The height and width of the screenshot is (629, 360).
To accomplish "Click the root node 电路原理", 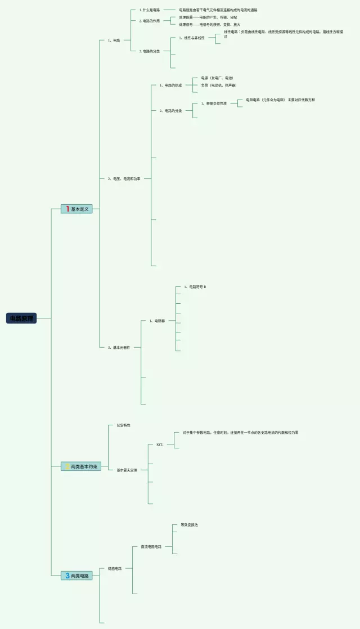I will pos(21,318).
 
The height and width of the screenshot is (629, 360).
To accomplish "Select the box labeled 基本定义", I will pos(76,209).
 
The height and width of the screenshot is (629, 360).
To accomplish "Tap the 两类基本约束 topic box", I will pos(81,466).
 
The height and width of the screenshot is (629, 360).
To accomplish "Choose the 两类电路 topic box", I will pos(76,576).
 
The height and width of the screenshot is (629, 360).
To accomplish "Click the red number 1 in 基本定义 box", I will pos(67,209).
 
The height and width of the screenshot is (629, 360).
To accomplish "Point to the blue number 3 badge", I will pos(67,576).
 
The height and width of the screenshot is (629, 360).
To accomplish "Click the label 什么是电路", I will pos(150,10).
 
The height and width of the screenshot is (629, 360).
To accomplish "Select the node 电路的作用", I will pos(150,21).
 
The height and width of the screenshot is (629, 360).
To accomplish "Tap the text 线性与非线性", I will pos(192,38).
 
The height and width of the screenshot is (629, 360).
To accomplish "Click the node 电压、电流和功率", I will pos(124,178).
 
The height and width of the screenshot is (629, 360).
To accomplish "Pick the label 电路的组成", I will pos(170,86).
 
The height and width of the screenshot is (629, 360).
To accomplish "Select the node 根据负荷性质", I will pos(214,104).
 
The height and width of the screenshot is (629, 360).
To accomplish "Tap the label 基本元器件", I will pos(119,348).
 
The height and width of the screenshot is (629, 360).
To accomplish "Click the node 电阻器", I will pos(157,321).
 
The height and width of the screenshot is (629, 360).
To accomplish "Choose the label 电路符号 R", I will pos(195,287).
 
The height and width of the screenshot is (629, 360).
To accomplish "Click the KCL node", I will pos(160,444).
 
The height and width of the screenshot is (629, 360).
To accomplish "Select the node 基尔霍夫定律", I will pos(127,469).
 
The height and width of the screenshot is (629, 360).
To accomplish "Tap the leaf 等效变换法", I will pos(189,525).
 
